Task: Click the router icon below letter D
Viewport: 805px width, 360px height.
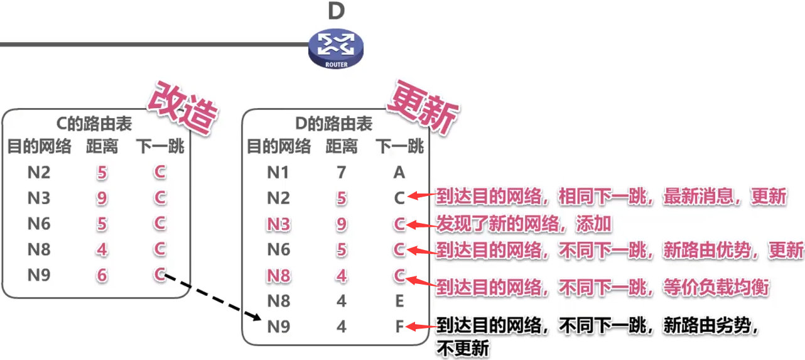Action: point(336,50)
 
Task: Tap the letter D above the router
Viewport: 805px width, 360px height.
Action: point(337,11)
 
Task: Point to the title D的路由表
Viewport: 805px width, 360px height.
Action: point(333,124)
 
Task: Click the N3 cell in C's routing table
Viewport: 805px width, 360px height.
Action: point(39,198)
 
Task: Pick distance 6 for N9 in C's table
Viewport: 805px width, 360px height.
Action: point(102,275)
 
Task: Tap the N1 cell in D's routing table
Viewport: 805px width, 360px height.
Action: point(278,172)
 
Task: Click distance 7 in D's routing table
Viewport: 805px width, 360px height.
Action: point(341,172)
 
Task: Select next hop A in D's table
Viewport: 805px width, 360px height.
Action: point(399,172)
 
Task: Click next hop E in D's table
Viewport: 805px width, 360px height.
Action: point(399,301)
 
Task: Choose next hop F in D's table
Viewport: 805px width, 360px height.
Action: point(399,327)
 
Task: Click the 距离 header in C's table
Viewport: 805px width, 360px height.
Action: point(102,147)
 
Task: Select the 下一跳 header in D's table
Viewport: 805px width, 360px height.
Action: point(400,147)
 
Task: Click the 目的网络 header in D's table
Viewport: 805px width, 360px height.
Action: point(278,147)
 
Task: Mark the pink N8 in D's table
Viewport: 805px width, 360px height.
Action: point(278,275)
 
